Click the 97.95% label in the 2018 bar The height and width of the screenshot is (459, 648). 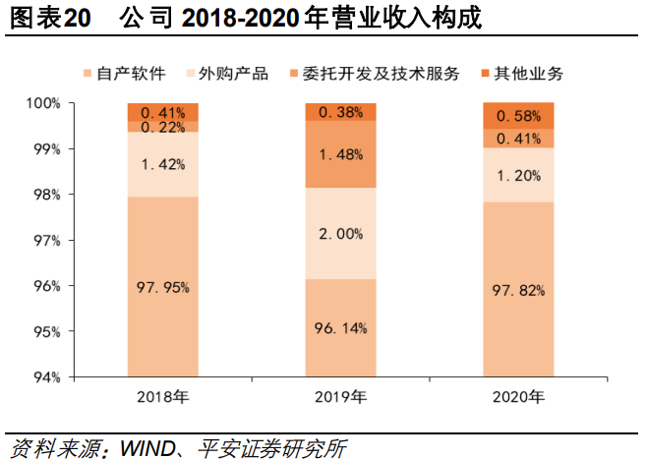coord(163,287)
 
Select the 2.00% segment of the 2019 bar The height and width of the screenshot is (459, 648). coord(340,234)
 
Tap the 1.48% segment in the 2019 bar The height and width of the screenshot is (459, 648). coord(340,154)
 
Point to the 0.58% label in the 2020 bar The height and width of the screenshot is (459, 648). coord(518,116)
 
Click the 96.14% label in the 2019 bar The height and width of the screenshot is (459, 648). coord(340,327)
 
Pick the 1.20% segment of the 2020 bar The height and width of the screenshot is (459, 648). coord(518,176)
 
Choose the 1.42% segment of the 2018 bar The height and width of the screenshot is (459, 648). coord(163,164)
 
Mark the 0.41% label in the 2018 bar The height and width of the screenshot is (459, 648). coord(163,112)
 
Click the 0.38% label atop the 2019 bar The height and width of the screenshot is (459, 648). coord(340,112)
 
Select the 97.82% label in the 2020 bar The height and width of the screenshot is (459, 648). coord(518,290)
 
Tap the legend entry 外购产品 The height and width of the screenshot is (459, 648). coord(233,74)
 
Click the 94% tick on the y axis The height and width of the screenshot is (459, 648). coord(45,376)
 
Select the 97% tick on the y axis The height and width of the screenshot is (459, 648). coord(45,240)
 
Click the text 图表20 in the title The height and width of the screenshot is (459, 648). coord(41,19)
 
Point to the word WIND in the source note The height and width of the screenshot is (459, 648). coord(146,445)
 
